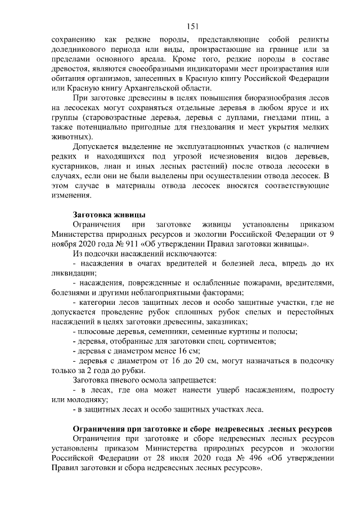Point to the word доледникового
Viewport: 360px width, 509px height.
(78, 49)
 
